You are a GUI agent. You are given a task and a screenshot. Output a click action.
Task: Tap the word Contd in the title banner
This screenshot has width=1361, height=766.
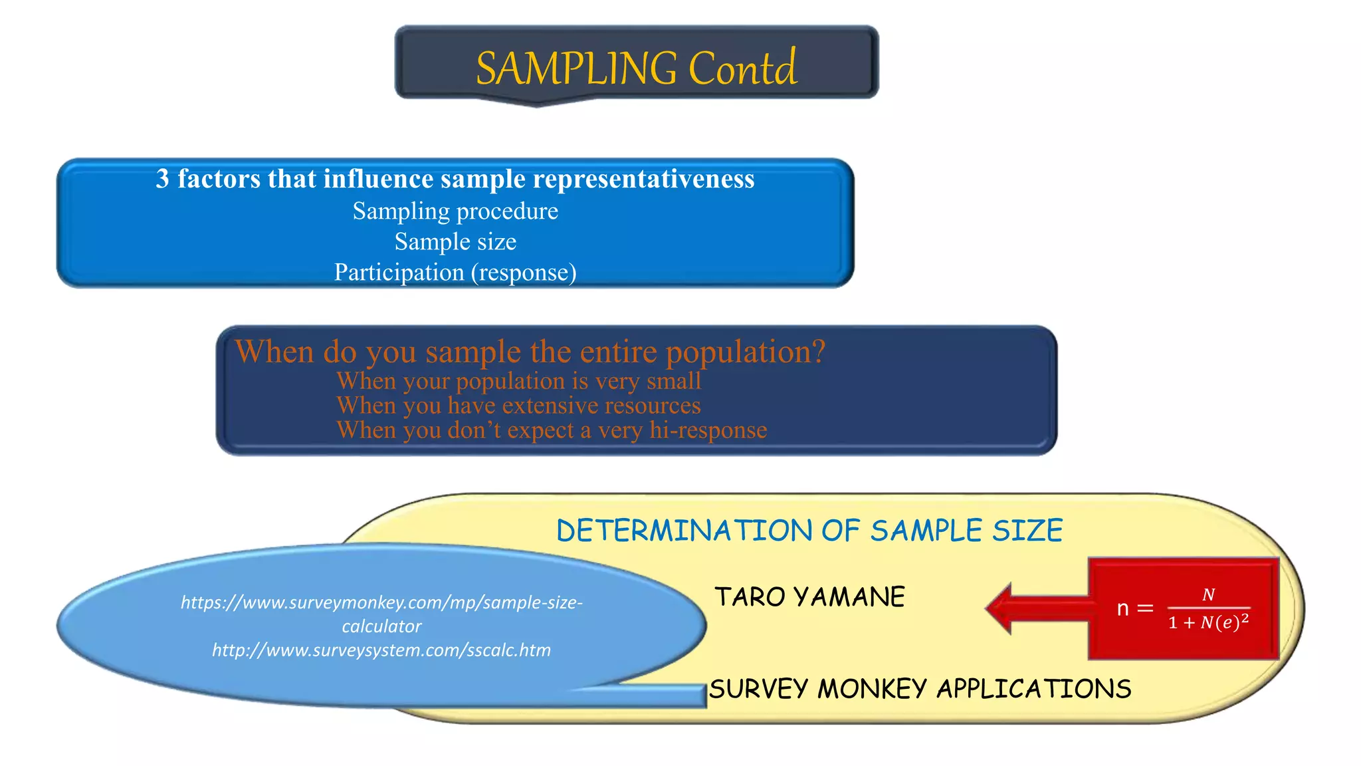[x=742, y=68]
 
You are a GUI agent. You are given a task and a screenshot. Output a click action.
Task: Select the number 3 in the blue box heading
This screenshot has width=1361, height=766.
[x=162, y=179]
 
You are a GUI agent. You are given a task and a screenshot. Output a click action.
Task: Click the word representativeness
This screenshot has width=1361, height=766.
[x=643, y=179]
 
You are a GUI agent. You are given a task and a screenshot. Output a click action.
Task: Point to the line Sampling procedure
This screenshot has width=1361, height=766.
[x=455, y=211]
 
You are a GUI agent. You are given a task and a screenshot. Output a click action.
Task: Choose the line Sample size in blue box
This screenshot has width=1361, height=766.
[x=455, y=241]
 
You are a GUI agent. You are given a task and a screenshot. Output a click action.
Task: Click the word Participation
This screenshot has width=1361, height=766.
[x=399, y=272]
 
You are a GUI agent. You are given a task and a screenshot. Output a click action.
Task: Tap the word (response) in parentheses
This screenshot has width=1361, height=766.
[x=524, y=272]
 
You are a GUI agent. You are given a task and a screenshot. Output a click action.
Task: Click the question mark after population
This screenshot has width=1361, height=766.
[x=817, y=351]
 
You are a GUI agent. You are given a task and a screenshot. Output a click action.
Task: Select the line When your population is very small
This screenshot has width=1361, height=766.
[x=518, y=381]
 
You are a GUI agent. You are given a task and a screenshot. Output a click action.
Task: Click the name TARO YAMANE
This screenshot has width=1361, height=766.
[x=809, y=597]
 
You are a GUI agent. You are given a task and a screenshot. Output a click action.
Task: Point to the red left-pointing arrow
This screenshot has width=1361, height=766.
[x=1037, y=608]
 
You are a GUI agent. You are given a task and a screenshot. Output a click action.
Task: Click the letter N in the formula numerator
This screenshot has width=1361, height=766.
[x=1208, y=594]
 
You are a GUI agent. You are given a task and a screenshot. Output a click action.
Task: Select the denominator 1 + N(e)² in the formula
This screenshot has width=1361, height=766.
[x=1208, y=623]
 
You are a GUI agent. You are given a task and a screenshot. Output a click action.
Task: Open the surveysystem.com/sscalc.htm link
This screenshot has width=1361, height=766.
[x=381, y=650]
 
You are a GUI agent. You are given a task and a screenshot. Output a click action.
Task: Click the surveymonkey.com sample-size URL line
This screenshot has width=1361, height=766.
[x=381, y=602]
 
